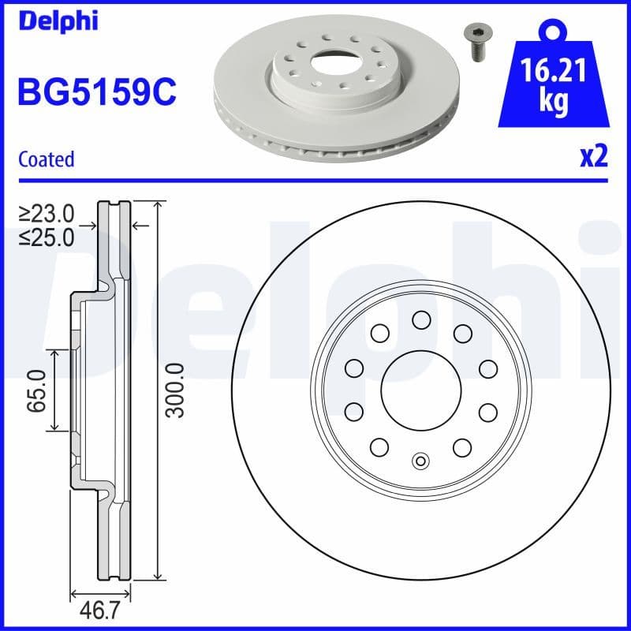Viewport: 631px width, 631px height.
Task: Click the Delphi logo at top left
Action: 57,21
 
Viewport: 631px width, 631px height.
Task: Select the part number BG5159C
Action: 96,93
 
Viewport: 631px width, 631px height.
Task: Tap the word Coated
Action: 46,159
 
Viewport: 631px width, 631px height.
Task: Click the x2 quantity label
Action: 593,157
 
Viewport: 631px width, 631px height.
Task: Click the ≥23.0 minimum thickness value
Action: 47,214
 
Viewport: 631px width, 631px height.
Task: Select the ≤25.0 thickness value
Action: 47,236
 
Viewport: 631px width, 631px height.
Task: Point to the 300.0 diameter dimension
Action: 175,390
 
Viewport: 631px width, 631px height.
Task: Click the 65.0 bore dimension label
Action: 36,390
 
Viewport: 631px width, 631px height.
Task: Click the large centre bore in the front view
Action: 420,390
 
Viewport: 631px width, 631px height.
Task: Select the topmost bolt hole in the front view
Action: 420,319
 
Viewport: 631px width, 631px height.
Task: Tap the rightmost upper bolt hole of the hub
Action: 487,368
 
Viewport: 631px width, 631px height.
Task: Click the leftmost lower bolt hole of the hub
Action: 353,411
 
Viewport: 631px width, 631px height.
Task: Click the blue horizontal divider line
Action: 315,181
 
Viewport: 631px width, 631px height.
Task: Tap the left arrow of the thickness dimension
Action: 93,226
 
